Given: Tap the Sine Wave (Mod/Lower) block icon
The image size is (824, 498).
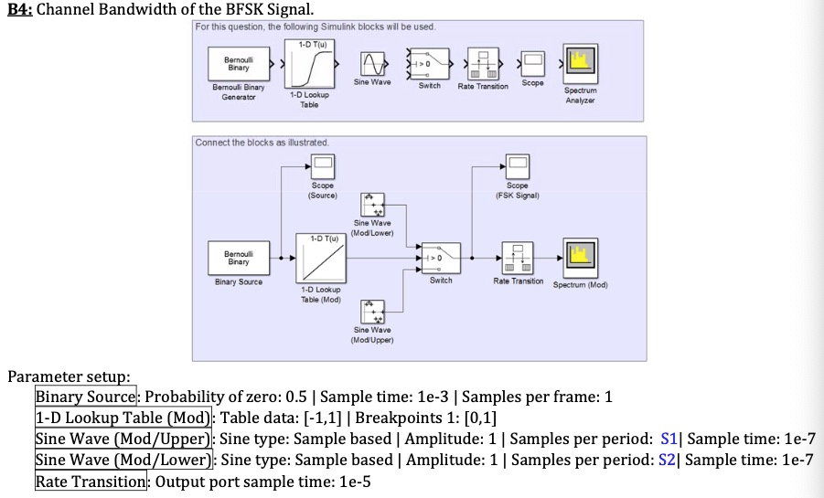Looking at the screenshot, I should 372,205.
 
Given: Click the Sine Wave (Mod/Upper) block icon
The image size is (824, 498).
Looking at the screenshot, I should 372,311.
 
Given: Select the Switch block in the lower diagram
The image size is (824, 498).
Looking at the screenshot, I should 440,259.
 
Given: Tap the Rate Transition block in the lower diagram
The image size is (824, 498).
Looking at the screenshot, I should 518,258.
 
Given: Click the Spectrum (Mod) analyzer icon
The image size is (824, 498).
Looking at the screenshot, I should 579,258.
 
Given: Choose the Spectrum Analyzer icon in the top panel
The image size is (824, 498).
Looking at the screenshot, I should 579,64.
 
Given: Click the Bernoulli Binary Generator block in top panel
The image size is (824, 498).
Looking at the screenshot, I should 239,65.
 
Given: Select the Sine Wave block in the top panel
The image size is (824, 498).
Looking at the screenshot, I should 372,64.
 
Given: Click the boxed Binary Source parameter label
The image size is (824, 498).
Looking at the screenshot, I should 86,397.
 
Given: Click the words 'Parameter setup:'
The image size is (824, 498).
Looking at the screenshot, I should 70,376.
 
